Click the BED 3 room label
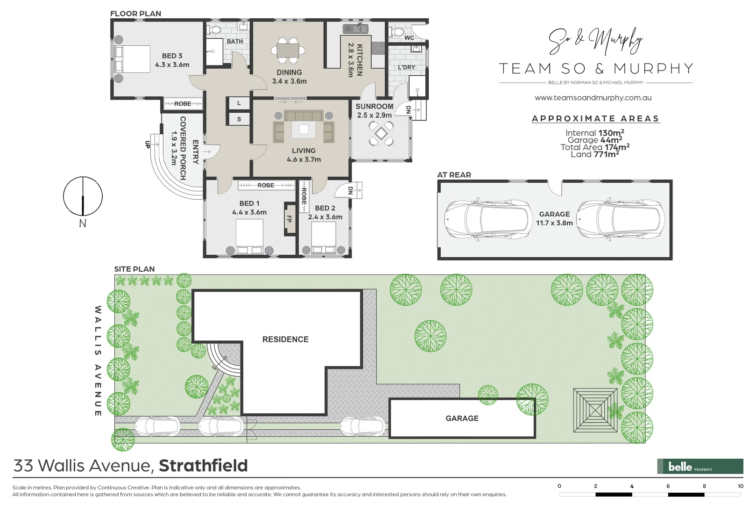(x=172, y=60)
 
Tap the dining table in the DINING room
(x=288, y=50)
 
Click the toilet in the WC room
(x=396, y=32)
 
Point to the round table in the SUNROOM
(x=381, y=134)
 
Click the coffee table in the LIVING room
(x=304, y=129)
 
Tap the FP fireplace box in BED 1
(x=290, y=219)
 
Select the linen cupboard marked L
(x=239, y=103)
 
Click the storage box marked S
(x=239, y=119)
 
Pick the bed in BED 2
(x=324, y=238)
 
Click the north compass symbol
(x=83, y=196)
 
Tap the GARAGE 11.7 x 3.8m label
(x=554, y=218)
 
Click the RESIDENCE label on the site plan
(x=285, y=339)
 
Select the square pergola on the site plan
(x=595, y=410)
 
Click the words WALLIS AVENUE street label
(x=98, y=361)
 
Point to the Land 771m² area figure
(x=594, y=154)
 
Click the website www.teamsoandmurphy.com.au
(x=593, y=98)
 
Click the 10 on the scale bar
(x=740, y=486)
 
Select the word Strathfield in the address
(x=203, y=466)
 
